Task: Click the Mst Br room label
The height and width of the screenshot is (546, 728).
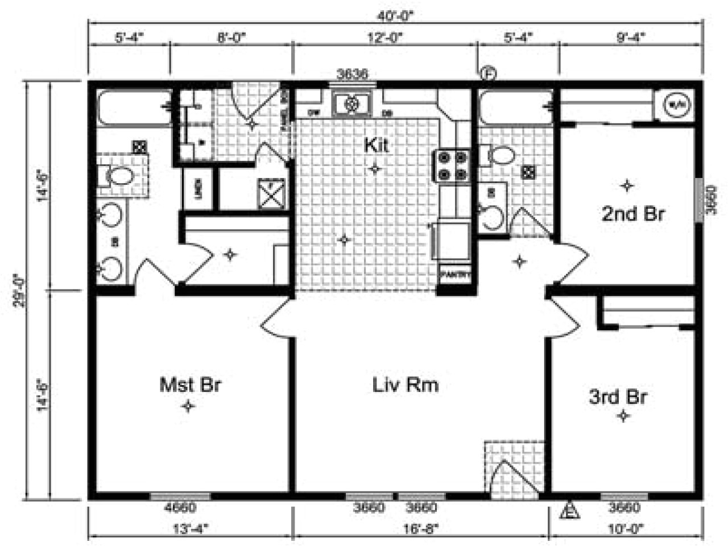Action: pos(189,385)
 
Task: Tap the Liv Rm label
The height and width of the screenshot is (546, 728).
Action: pos(406,385)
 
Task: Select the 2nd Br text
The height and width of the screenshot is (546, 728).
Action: pos(633,214)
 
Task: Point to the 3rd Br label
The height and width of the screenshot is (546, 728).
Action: pos(618,396)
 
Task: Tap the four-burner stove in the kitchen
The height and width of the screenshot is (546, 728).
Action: pos(453,166)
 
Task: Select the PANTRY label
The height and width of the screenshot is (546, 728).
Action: pos(456,275)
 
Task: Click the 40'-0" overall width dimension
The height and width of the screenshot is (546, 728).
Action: pos(395,16)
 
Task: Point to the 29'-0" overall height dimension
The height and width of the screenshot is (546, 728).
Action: pos(19,291)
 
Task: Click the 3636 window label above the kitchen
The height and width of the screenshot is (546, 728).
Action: pos(353,73)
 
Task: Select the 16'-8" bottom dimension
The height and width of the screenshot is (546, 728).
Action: pos(421,528)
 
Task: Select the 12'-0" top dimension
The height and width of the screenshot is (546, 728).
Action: pos(385,38)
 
